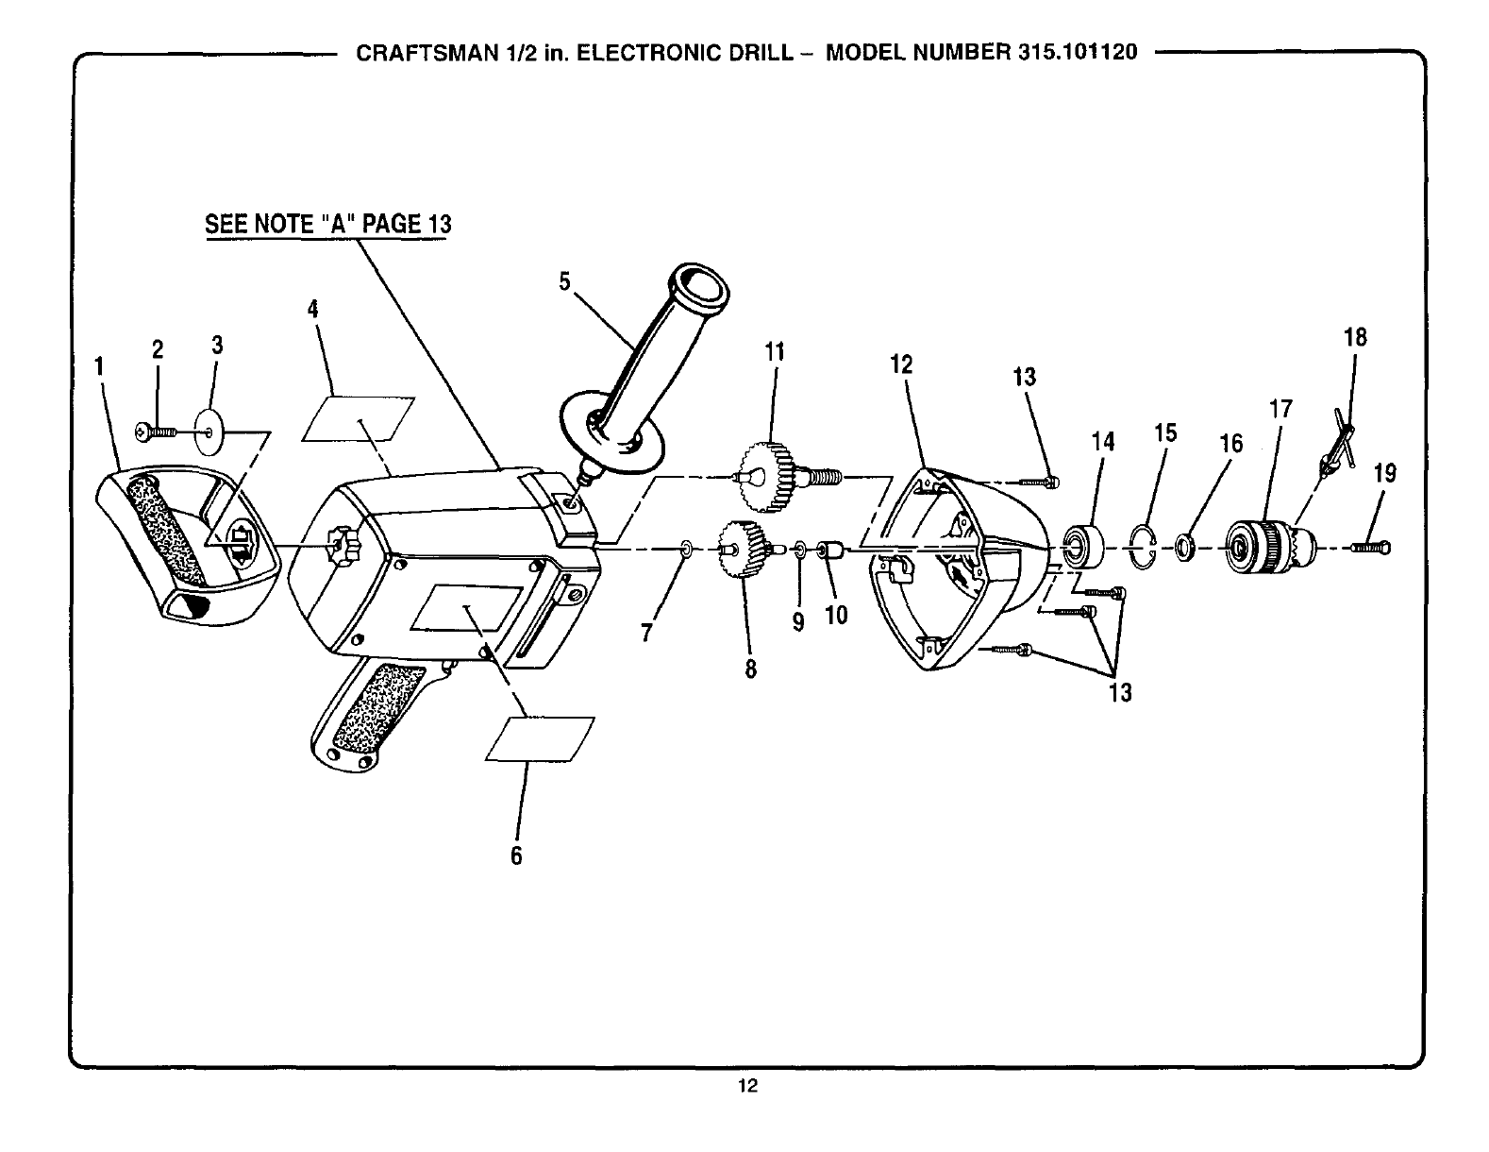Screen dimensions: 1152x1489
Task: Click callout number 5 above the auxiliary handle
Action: pos(564,282)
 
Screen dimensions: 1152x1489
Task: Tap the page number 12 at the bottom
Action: pos(747,1086)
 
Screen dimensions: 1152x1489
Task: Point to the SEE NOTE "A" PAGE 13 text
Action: pos(328,224)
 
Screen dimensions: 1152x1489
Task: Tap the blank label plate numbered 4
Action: pos(359,418)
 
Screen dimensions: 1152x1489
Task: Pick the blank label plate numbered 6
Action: pos(540,737)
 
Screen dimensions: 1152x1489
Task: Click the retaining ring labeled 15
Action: pos(1143,548)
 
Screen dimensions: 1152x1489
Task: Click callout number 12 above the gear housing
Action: pos(901,364)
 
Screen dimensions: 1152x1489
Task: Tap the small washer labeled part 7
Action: pos(686,547)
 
